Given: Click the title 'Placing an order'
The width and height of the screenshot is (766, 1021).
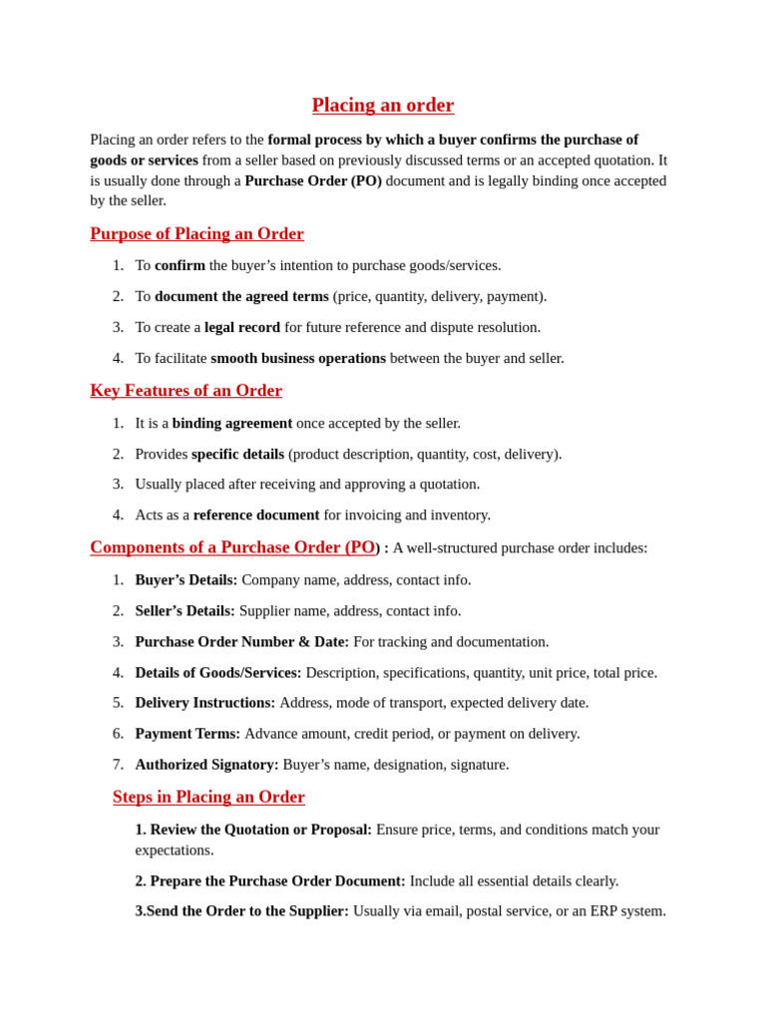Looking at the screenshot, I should [x=383, y=106].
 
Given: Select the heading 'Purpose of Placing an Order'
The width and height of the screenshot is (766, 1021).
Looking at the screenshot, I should [x=196, y=234].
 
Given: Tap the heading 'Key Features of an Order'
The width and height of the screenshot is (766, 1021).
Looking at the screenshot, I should [x=186, y=391].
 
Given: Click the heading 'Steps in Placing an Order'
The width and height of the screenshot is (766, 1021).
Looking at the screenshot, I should [x=208, y=797].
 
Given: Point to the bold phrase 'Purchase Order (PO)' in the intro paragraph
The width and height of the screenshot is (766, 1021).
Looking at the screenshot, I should [x=313, y=180].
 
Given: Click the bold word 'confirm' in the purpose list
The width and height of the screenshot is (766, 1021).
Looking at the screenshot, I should [x=180, y=265].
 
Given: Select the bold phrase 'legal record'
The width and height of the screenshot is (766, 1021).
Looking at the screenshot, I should [x=242, y=327].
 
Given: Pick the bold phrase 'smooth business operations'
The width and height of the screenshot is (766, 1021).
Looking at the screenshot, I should [x=298, y=358].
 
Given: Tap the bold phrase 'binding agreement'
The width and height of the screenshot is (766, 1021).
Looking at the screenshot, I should [x=232, y=423].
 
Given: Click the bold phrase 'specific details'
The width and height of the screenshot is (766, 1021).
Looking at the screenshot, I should [x=237, y=454].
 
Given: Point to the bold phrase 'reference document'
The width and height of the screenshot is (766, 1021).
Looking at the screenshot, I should [x=256, y=514].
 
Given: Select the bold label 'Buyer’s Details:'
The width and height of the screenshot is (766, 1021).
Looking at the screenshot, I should [x=187, y=579].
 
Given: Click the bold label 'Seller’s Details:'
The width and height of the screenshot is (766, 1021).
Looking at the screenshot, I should [x=186, y=610].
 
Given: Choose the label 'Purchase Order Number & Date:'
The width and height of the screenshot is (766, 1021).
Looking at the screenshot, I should [x=242, y=641].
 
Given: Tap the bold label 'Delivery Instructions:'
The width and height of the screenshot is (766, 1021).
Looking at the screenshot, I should [x=205, y=702].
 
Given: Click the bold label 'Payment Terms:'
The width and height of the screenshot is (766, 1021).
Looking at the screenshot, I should [x=188, y=733].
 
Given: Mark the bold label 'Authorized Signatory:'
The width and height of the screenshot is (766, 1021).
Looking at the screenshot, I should [x=207, y=764].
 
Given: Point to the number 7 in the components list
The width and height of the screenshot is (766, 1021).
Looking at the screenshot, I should [x=118, y=764].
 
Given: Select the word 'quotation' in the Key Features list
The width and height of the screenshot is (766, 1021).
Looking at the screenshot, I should [x=451, y=484].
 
